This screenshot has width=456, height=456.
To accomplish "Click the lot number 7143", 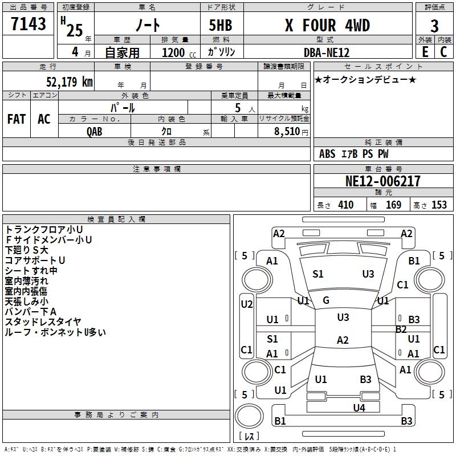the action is pyautogui.click(x=28, y=23).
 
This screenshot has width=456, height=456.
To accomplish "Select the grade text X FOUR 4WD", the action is pyautogui.click(x=327, y=25).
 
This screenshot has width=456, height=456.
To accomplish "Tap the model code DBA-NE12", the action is pyautogui.click(x=326, y=52).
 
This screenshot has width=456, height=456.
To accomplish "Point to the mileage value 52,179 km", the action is pyautogui.click(x=70, y=82).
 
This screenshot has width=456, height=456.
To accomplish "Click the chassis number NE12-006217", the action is pyautogui.click(x=382, y=181).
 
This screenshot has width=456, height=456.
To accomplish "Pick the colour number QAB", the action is pyautogui.click(x=94, y=132).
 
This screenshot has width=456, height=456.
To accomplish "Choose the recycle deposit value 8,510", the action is pyautogui.click(x=287, y=131).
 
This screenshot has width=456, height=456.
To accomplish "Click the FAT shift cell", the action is pyautogui.click(x=17, y=119).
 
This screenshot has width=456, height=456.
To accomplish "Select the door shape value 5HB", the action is pyautogui.click(x=221, y=25).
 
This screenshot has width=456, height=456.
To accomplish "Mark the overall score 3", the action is pyautogui.click(x=434, y=26).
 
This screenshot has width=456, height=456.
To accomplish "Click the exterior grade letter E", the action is pyautogui.click(x=425, y=52).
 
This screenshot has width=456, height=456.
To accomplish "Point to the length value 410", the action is pyautogui.click(x=345, y=205).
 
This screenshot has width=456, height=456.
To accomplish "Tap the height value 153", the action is pyautogui.click(x=439, y=205).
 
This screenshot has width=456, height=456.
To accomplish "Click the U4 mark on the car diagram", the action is pyautogui.click(x=359, y=408).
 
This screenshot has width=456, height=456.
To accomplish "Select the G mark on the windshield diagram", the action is pyautogui.click(x=325, y=300).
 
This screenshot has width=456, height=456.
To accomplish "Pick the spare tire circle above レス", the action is pyautogui.click(x=249, y=416).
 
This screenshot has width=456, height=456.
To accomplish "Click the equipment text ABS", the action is pyautogui.click(x=327, y=154).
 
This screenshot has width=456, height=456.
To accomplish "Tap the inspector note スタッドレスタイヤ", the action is pyautogui.click(x=43, y=321).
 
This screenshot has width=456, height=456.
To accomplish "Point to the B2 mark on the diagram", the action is pyautogui.click(x=401, y=329).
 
